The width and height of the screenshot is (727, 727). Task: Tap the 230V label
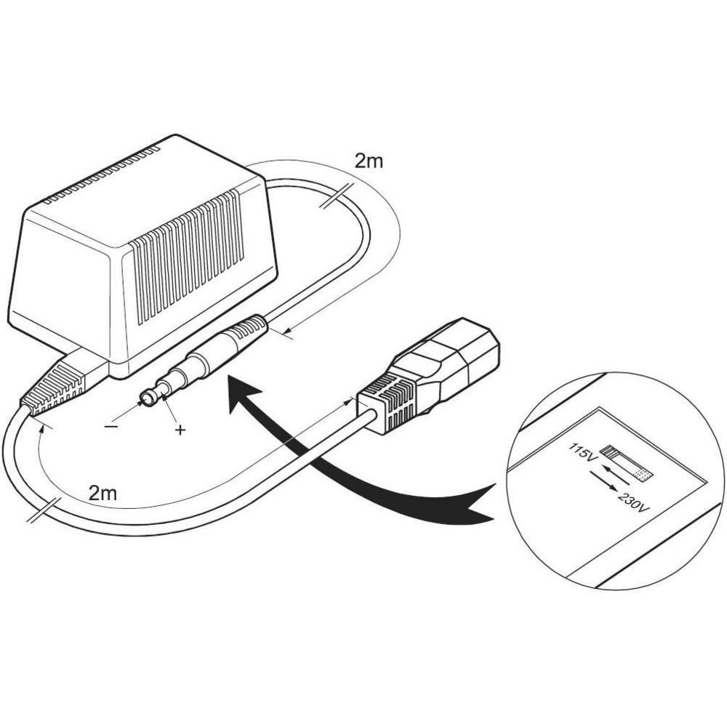(x=631, y=500)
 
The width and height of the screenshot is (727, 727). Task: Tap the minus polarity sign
(x=111, y=427)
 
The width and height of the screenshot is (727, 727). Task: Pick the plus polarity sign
(x=180, y=430)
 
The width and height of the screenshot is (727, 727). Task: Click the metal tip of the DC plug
(x=150, y=397)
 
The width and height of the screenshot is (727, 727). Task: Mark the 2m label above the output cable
(x=369, y=161)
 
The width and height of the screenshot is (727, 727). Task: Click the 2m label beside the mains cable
(x=103, y=493)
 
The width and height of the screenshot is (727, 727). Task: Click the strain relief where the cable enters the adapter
(x=55, y=388)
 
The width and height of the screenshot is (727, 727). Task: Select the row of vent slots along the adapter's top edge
(x=102, y=174)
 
